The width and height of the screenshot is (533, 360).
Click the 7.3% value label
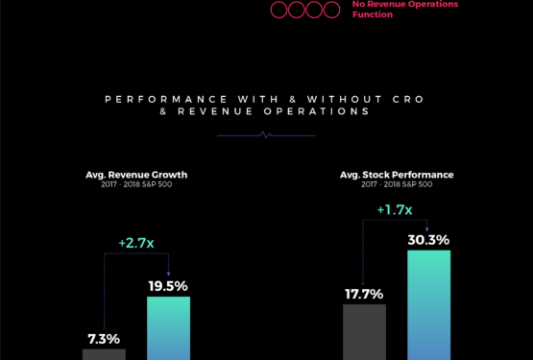click(x=104, y=339)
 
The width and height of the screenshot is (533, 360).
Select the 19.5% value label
click(x=168, y=286)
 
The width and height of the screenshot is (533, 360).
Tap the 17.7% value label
click(x=364, y=294)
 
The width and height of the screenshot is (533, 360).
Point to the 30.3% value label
click(x=428, y=239)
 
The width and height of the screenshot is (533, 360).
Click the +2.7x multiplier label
click(x=136, y=244)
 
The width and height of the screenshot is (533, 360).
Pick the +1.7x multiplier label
click(x=395, y=209)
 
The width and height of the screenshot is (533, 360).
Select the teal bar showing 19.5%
click(x=168, y=327)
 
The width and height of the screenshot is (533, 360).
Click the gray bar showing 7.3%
click(x=104, y=354)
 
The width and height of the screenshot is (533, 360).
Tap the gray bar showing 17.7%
click(x=364, y=332)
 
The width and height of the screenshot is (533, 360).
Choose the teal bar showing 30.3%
click(x=428, y=305)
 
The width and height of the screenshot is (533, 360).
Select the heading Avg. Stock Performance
click(x=397, y=175)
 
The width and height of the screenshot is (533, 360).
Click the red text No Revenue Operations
click(x=404, y=5)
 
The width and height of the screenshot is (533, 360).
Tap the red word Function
click(x=373, y=15)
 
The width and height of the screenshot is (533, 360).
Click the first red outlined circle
click(x=279, y=10)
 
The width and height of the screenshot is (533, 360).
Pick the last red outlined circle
click(x=331, y=10)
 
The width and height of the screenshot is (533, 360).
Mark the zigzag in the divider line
click(x=266, y=135)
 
